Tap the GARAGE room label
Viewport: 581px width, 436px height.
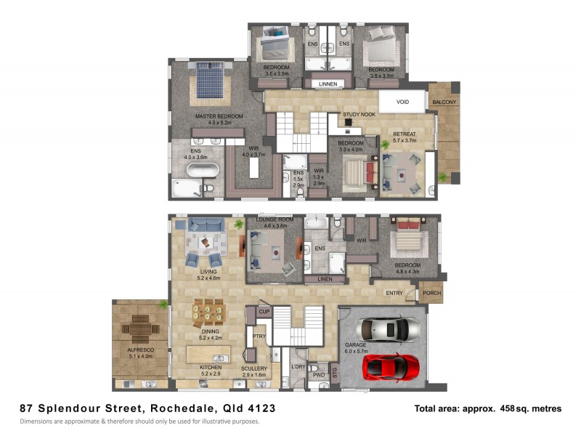[x=355, y=345]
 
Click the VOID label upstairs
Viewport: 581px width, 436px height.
[x=402, y=102]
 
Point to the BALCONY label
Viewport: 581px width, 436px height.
[x=444, y=102]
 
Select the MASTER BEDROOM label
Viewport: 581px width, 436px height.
[x=219, y=116]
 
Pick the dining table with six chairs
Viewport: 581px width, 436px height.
[x=208, y=312]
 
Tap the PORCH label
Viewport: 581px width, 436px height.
[x=431, y=294]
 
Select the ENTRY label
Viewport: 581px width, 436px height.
[x=394, y=293]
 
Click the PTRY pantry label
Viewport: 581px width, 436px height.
[x=258, y=336]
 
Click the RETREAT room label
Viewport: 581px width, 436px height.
[x=405, y=134]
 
